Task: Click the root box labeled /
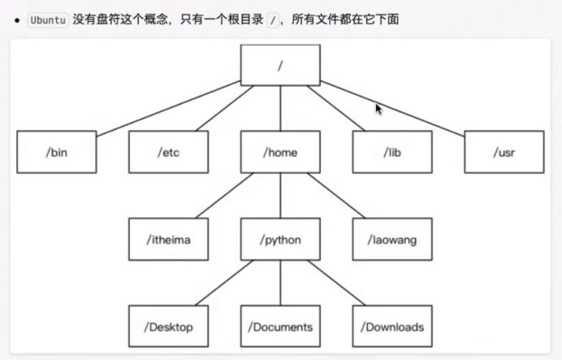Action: [x=280, y=65]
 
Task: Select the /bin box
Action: [x=57, y=152]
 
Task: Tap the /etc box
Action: [x=168, y=152]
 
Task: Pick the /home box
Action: [x=280, y=152]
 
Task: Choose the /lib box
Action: [x=392, y=152]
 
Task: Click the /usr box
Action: [x=504, y=152]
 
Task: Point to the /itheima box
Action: [x=168, y=239]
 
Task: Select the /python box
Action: [x=280, y=239]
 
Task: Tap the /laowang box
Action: [x=392, y=239]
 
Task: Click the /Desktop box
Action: [x=168, y=327]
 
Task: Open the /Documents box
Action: [x=280, y=327]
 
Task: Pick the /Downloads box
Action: [x=392, y=327]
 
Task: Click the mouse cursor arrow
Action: [x=378, y=108]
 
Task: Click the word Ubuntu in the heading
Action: [x=47, y=19]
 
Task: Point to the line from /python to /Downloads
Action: [x=336, y=283]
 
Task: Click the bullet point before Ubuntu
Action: [x=16, y=19]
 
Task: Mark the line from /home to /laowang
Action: [x=336, y=195]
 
